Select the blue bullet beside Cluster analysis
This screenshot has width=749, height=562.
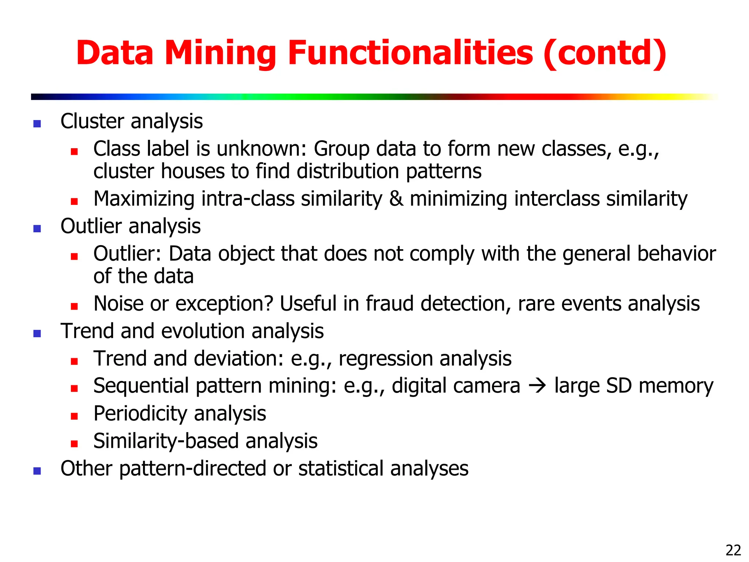click(x=37, y=124)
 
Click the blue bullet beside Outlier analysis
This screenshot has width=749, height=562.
click(x=37, y=229)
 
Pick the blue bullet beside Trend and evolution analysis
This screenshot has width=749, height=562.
click(x=37, y=333)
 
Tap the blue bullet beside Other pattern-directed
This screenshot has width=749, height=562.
click(x=37, y=471)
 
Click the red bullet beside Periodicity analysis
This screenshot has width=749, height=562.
click(x=75, y=416)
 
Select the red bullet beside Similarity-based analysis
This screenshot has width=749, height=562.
click(x=75, y=444)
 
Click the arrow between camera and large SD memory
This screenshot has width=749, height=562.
click(x=537, y=386)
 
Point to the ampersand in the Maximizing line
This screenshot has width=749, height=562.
click(x=396, y=199)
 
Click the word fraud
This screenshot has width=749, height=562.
click(x=390, y=304)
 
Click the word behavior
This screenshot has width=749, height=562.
click(x=676, y=254)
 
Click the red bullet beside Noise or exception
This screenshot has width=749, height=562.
click(x=75, y=306)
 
